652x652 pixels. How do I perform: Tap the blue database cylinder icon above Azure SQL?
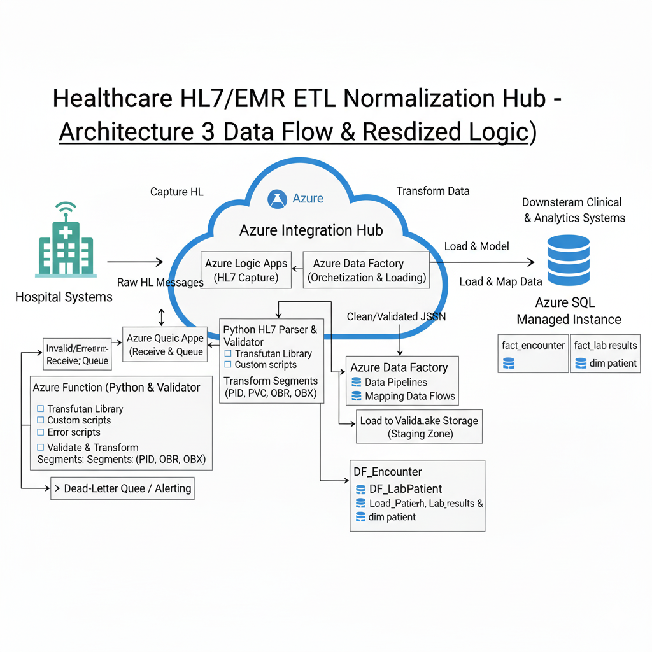(x=568, y=260)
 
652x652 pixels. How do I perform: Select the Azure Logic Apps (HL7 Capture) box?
(x=246, y=270)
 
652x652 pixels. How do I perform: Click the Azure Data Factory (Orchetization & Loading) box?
(x=367, y=270)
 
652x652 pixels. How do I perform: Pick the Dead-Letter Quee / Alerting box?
(x=122, y=488)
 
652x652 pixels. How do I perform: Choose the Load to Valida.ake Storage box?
(x=418, y=427)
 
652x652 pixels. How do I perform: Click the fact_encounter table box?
(x=533, y=354)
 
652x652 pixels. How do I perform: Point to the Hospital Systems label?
(x=64, y=297)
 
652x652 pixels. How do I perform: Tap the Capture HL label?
(x=178, y=192)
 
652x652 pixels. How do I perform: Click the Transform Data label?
(x=432, y=191)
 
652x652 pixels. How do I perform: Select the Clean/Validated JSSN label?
(x=396, y=316)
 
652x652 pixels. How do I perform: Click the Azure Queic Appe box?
(x=165, y=344)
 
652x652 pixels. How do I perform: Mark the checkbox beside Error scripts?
(x=41, y=432)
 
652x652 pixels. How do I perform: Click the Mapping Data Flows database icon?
(x=357, y=396)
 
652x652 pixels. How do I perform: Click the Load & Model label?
(x=477, y=246)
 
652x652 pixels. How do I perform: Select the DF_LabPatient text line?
(x=406, y=489)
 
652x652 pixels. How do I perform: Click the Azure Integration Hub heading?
(x=311, y=230)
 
